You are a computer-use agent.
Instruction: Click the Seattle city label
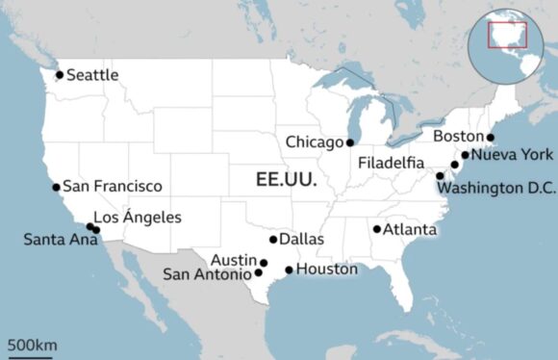[x=93, y=74]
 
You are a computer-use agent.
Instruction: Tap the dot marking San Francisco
[x=56, y=187]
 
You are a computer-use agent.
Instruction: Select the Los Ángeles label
[x=137, y=218]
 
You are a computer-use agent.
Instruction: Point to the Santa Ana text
[x=54, y=239]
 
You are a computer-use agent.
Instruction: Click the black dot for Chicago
[x=350, y=142]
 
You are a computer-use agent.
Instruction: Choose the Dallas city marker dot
[x=273, y=240]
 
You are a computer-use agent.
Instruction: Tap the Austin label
[x=236, y=260]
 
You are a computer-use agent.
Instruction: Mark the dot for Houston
[x=289, y=270]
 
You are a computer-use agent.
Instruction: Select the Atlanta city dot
[x=377, y=229]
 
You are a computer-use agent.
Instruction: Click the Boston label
[x=459, y=137]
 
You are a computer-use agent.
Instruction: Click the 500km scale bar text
[x=32, y=344]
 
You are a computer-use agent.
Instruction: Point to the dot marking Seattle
[x=60, y=74]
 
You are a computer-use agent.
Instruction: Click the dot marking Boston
[x=491, y=138]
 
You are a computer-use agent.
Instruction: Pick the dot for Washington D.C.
[x=441, y=175]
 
